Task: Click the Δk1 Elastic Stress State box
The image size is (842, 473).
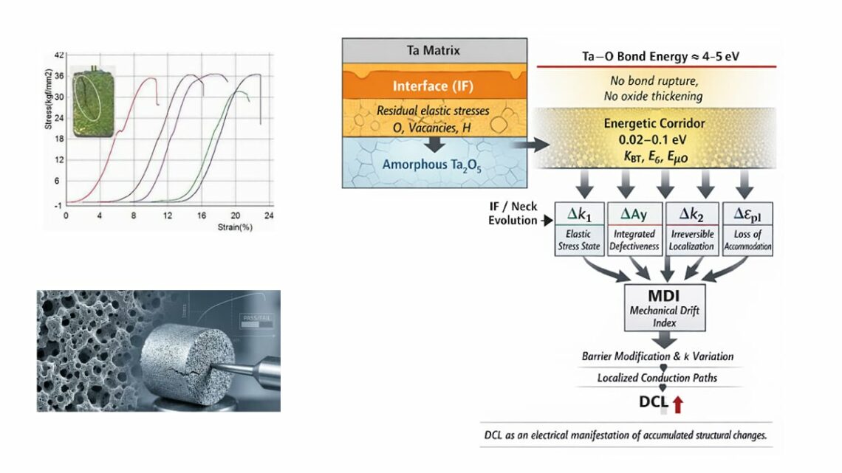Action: pos(579,229)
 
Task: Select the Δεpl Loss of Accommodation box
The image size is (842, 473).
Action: pos(747,229)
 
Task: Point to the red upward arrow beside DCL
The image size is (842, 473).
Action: pos(677,404)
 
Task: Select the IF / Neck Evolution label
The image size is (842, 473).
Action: pos(513,213)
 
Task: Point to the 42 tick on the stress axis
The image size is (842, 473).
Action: pos(60,55)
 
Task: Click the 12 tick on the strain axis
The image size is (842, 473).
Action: pos(168,215)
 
